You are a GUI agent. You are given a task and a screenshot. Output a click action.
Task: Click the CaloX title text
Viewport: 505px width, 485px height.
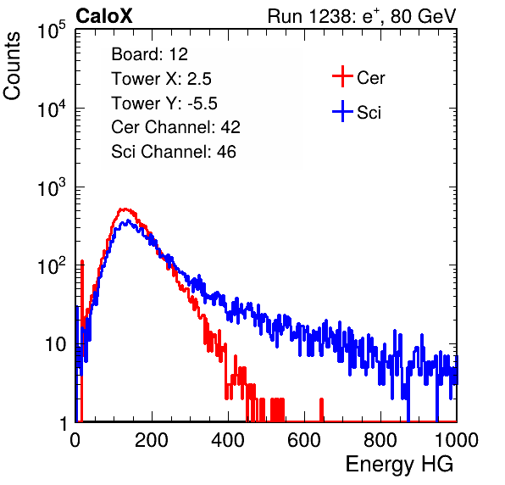tap(103, 16)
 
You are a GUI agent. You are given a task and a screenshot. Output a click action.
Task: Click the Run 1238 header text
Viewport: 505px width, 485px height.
tap(362, 16)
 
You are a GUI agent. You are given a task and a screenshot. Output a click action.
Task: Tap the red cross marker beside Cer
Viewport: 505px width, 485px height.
tap(342, 76)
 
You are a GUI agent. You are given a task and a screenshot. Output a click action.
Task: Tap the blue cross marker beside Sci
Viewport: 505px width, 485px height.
tap(342, 111)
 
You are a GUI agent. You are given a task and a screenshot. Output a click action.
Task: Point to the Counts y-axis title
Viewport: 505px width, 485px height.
tap(12, 66)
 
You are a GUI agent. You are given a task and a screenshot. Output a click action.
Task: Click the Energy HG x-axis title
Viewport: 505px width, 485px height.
tap(400, 464)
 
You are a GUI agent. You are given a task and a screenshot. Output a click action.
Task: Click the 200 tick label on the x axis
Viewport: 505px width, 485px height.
tap(152, 440)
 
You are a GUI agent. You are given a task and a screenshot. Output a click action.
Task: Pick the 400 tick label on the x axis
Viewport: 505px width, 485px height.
tap(228, 440)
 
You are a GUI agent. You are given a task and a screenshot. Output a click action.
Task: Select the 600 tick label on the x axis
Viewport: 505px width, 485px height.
tap(304, 440)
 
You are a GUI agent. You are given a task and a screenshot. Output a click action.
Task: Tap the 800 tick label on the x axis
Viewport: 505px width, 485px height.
tap(380, 440)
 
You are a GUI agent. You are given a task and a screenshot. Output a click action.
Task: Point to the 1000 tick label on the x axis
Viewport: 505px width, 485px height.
tap(456, 440)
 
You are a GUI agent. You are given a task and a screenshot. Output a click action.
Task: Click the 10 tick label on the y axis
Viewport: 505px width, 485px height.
tap(55, 344)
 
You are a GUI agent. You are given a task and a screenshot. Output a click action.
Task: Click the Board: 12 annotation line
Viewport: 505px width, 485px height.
tap(149, 54)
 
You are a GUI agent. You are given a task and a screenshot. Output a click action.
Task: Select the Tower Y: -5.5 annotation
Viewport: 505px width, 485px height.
tap(164, 103)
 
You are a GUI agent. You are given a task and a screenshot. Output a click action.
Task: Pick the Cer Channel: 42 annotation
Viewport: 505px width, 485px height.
tap(175, 127)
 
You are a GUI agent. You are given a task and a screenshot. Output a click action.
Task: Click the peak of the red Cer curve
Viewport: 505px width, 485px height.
tap(125, 209)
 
